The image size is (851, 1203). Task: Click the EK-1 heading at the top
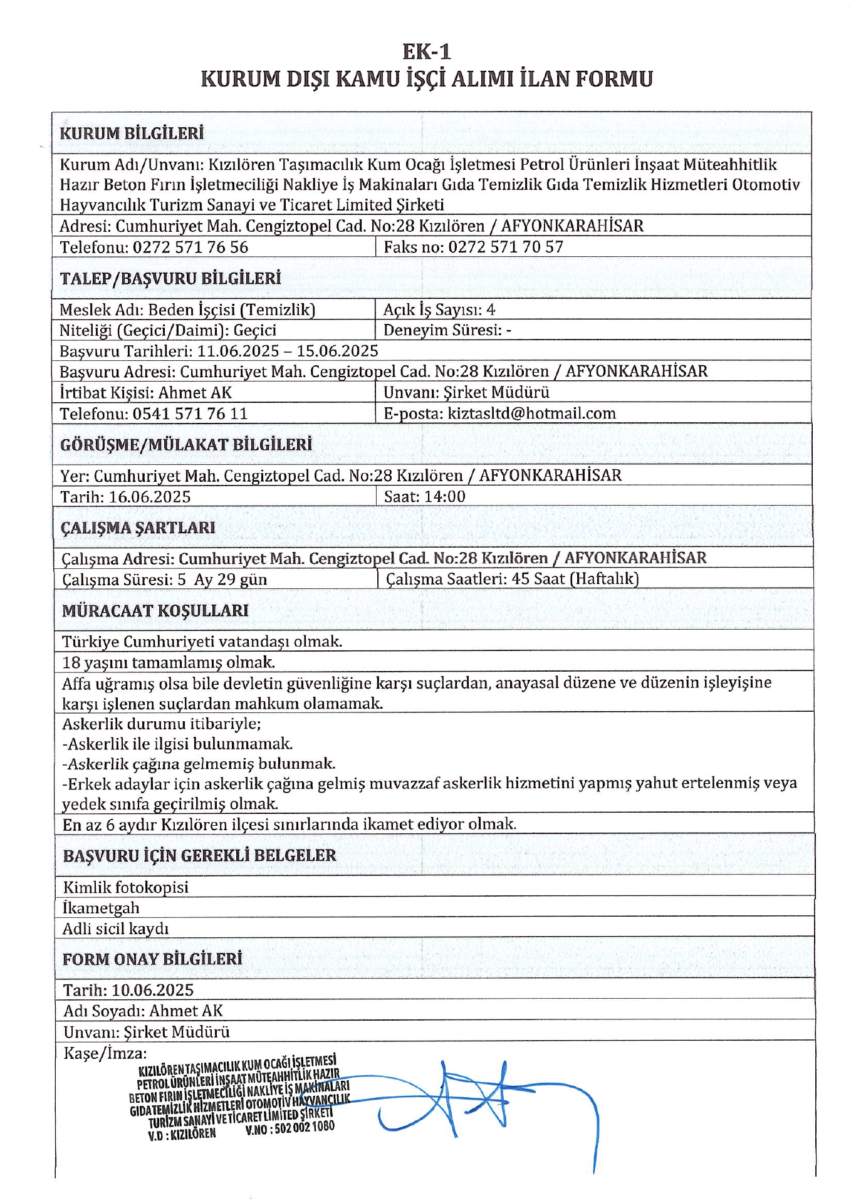tap(426, 51)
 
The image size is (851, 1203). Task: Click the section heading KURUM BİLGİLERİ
tap(132, 133)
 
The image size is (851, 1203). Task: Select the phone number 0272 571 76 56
tap(191, 247)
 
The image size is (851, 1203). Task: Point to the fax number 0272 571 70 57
tap(506, 247)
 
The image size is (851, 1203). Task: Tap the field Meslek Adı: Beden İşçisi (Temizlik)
tap(187, 310)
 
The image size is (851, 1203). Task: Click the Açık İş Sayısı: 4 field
tap(439, 310)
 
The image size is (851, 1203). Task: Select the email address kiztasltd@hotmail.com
tap(531, 414)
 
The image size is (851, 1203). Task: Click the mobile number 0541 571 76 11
tap(190, 414)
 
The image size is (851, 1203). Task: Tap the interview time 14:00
tap(445, 497)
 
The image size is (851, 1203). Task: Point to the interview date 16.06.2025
tap(150, 497)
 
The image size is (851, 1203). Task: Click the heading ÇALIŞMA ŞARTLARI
tap(138, 528)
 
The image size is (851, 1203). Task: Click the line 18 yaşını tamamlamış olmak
tap(169, 662)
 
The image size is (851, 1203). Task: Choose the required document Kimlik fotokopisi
tap(125, 887)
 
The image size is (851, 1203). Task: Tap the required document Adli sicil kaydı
tap(116, 929)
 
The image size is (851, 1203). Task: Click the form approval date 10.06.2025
tap(153, 990)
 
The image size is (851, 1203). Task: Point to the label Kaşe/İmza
tap(105, 1053)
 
